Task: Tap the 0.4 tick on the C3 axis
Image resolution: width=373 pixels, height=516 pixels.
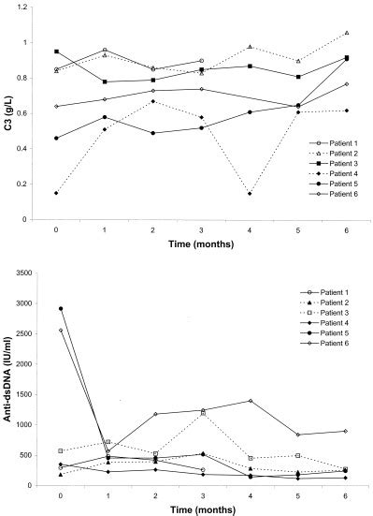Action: [24, 148]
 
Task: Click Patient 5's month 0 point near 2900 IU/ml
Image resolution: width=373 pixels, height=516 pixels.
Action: [35, 308]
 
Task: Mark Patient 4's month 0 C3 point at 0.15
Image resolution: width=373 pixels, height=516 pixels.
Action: [35, 193]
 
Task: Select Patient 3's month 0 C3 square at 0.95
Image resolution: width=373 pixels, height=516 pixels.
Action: [35, 52]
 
